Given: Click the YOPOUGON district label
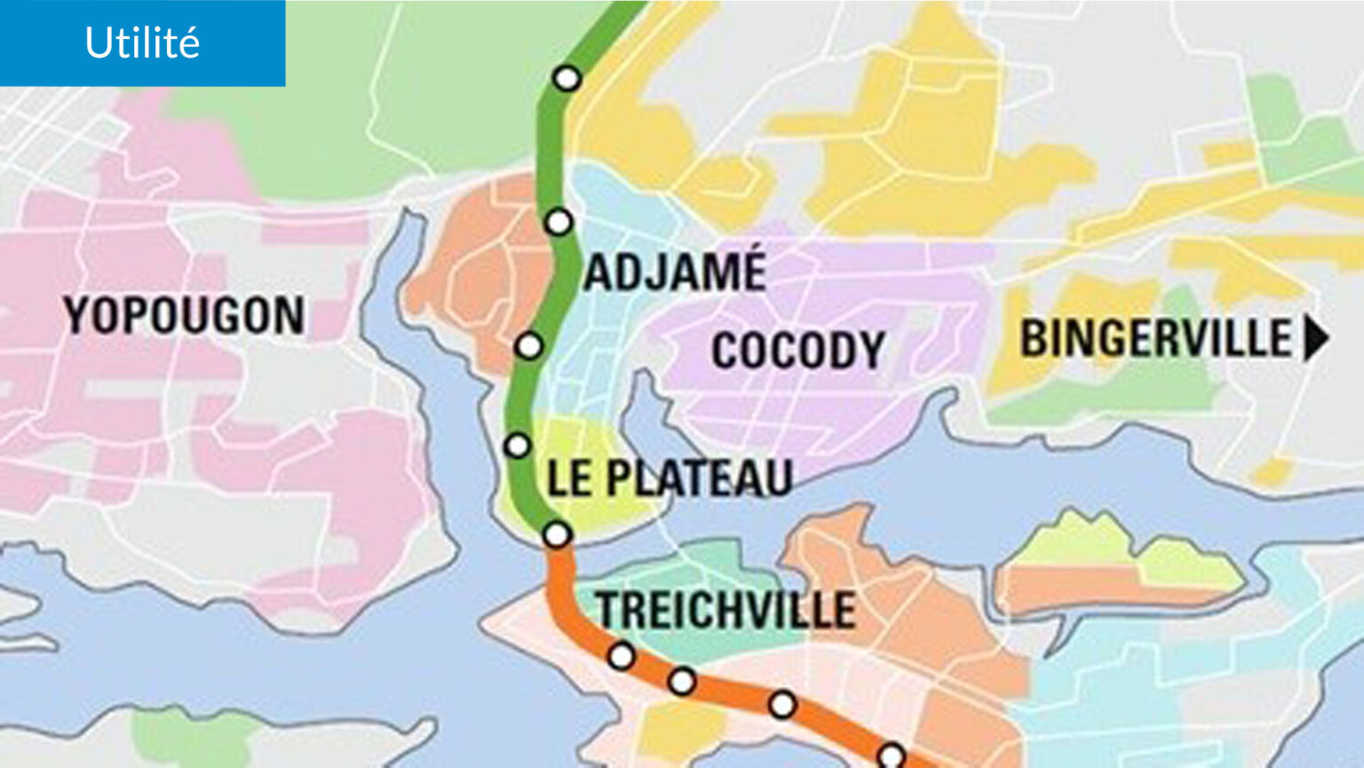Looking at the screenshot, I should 184,315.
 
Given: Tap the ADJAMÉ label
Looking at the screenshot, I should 675,272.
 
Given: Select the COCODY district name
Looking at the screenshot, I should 797,350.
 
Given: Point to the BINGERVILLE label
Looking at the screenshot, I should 1155,338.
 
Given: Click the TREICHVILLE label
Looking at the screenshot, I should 726,610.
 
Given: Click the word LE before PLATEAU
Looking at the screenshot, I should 568,478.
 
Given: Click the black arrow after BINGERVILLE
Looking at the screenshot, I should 1315,338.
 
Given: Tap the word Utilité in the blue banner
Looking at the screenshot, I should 142,43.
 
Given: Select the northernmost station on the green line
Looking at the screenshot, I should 567,78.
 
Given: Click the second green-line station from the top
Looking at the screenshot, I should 559,221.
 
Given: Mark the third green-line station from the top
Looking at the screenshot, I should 529,345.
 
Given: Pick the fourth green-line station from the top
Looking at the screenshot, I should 517,445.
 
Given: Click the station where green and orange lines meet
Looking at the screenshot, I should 557,534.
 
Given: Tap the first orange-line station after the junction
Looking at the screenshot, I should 622,656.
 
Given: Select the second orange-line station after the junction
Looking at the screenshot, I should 681,681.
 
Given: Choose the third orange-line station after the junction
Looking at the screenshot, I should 782,704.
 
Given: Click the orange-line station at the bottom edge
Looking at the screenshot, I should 891,756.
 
